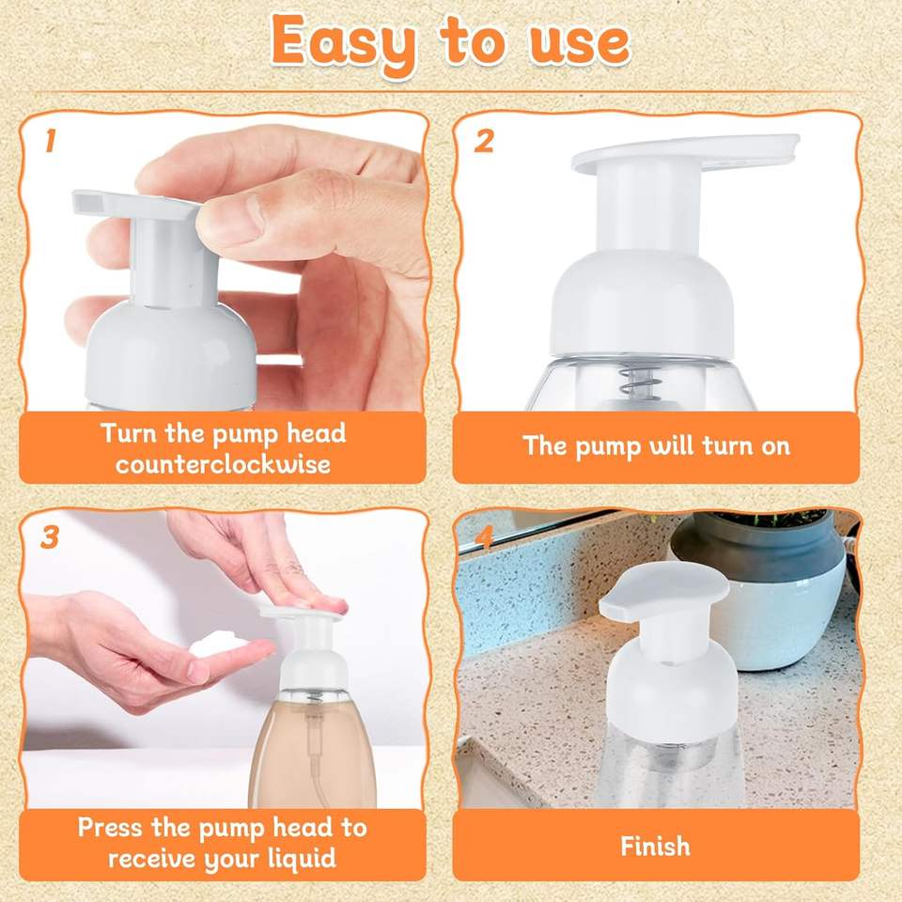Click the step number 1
click(51, 141)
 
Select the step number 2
click(484, 141)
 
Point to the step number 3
click(50, 537)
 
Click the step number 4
click(485, 537)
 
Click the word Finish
click(655, 847)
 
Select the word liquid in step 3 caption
click(302, 859)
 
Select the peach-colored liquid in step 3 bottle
click(312, 754)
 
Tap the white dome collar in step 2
click(642, 303)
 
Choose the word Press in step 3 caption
click(109, 827)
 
